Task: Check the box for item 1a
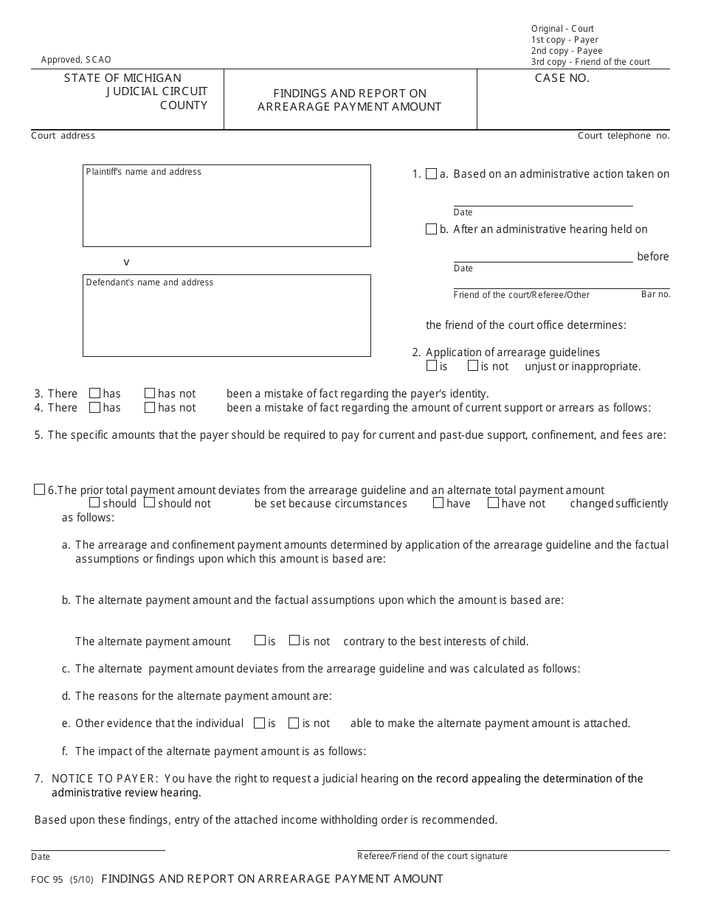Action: pyautogui.click(x=432, y=174)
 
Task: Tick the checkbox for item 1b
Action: pyautogui.click(x=432, y=229)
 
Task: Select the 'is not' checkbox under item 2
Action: pyautogui.click(x=473, y=366)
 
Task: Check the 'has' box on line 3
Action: pyautogui.click(x=94, y=393)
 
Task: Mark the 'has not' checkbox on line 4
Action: pyautogui.click(x=150, y=407)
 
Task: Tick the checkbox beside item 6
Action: pyautogui.click(x=40, y=490)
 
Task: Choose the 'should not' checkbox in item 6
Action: pyautogui.click(x=149, y=503)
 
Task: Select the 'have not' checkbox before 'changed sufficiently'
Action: pyautogui.click(x=493, y=503)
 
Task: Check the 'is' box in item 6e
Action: pyautogui.click(x=259, y=723)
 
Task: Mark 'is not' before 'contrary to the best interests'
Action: pyautogui.click(x=294, y=640)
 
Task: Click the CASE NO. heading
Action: pyautogui.click(x=562, y=78)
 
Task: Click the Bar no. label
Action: pyautogui.click(x=655, y=294)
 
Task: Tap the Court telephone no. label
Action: pyautogui.click(x=624, y=136)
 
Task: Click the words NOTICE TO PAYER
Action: pyautogui.click(x=105, y=779)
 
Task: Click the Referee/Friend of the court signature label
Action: pyautogui.click(x=432, y=856)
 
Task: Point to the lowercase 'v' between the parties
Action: pyautogui.click(x=126, y=262)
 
